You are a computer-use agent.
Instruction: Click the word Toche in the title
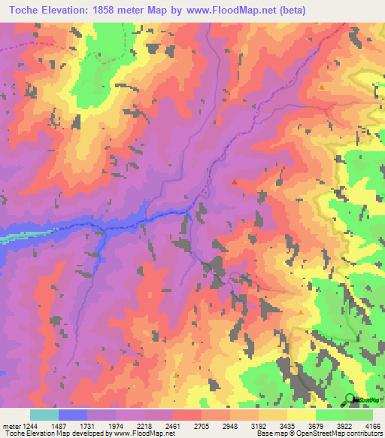[x=27, y=10]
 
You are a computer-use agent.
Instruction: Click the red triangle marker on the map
[x=235, y=181]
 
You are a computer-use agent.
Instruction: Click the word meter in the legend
[x=12, y=425]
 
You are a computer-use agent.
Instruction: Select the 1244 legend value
[x=31, y=425]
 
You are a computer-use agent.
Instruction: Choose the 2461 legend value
[x=174, y=425]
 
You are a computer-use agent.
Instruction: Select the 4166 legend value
[x=372, y=425]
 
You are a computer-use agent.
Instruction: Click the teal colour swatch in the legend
[x=44, y=415]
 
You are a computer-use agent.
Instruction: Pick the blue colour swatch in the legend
[x=73, y=415]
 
